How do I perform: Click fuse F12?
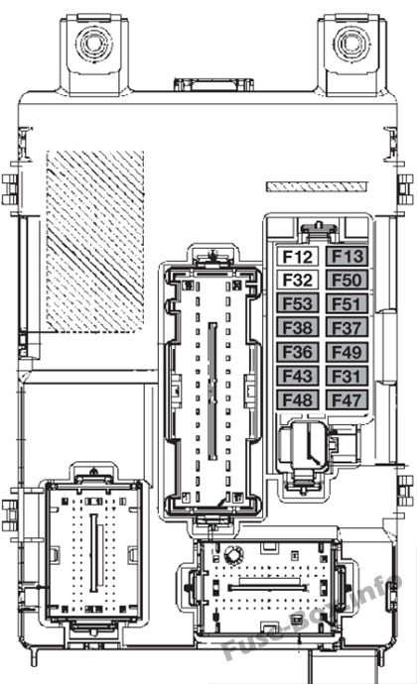[297, 256]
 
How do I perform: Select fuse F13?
[347, 256]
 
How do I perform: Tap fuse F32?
[297, 280]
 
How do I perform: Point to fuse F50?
[347, 280]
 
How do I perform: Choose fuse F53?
[297, 303]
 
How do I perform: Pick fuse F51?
[347, 303]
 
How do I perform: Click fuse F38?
[297, 327]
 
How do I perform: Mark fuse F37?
[347, 327]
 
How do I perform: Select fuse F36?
[297, 352]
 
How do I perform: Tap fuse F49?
[347, 352]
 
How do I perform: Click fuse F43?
[297, 376]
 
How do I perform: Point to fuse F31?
[347, 376]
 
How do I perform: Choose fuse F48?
[297, 399]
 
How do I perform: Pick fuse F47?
[347, 399]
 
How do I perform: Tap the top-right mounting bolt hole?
[351, 43]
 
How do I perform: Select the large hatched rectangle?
[95, 241]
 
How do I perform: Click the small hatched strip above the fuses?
[317, 186]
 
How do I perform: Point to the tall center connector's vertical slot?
[212, 391]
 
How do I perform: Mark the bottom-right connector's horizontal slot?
[267, 588]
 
